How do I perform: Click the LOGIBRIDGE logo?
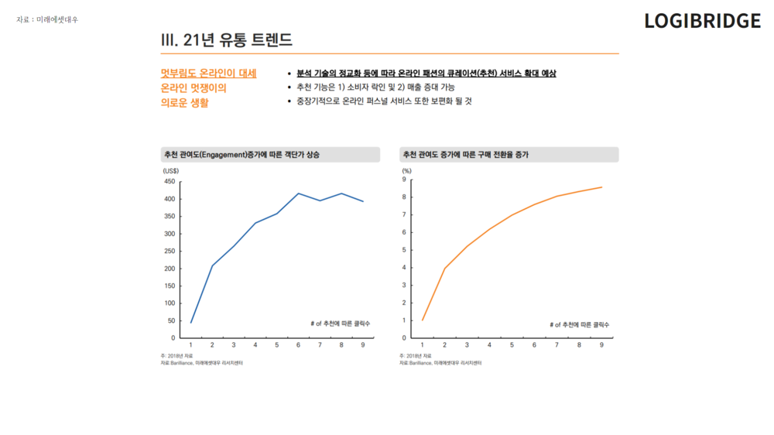702,22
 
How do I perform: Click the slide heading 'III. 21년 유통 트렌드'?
226,39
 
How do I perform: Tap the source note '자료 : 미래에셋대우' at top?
47,19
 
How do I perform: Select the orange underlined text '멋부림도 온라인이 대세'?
208,74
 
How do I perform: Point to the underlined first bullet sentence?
426,74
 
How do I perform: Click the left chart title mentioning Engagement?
241,155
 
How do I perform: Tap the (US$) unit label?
170,170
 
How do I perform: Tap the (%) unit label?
406,170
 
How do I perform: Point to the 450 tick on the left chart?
169,181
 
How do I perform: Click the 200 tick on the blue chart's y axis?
169,269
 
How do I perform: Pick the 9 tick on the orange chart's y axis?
404,180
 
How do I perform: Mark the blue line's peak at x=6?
299,194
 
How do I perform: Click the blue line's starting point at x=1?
191,322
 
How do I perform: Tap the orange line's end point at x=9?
601,187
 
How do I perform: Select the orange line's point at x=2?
444,269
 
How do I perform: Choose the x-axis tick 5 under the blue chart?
277,345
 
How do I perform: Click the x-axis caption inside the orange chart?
579,324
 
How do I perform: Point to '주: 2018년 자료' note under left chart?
177,355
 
